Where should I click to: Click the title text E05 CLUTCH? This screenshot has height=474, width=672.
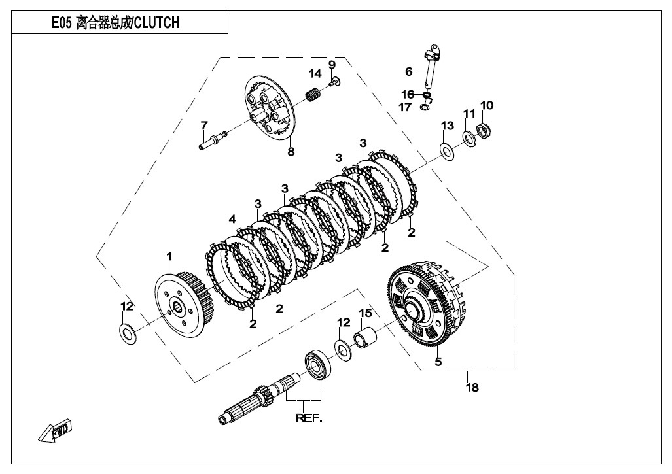pos(115,24)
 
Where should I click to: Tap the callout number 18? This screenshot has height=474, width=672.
pos(471,388)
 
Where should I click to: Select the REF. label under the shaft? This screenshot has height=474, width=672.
pos(309,419)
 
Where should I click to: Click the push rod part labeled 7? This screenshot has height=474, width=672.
pos(211,140)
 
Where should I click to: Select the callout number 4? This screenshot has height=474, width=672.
pos(232,220)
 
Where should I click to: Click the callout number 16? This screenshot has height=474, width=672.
pos(408,95)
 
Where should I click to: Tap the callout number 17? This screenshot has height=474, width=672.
pos(406,107)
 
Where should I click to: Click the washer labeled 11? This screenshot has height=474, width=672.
pos(468,138)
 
